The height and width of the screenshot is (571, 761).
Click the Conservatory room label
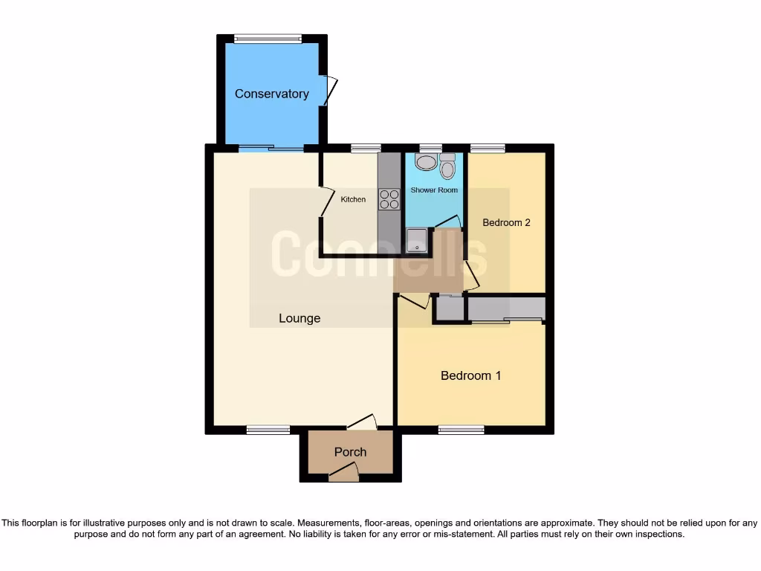coord(271,94)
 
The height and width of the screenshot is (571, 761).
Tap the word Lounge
coord(299,318)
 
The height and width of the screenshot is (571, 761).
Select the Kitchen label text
coord(353,199)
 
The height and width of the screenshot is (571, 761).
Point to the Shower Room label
coord(434,190)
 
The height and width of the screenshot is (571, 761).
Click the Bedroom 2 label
coord(506,222)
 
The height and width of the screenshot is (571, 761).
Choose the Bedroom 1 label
coord(470,375)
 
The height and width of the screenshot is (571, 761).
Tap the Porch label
coord(350,452)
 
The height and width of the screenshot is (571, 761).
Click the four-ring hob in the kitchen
coord(389,199)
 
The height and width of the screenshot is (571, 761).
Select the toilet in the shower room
coord(447,167)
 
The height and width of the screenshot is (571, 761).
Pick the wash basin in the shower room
coord(426,162)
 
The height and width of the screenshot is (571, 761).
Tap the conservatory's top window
coord(268,39)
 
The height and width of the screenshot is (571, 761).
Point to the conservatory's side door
coord(329,91)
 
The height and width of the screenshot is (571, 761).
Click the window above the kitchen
coord(365,148)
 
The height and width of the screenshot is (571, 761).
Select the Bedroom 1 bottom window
coord(461,430)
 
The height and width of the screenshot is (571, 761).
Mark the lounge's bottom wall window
coord(268,430)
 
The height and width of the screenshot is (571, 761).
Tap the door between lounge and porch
coord(362,422)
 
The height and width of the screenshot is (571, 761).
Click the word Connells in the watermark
coord(379,255)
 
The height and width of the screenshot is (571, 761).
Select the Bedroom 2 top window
coord(487,148)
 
